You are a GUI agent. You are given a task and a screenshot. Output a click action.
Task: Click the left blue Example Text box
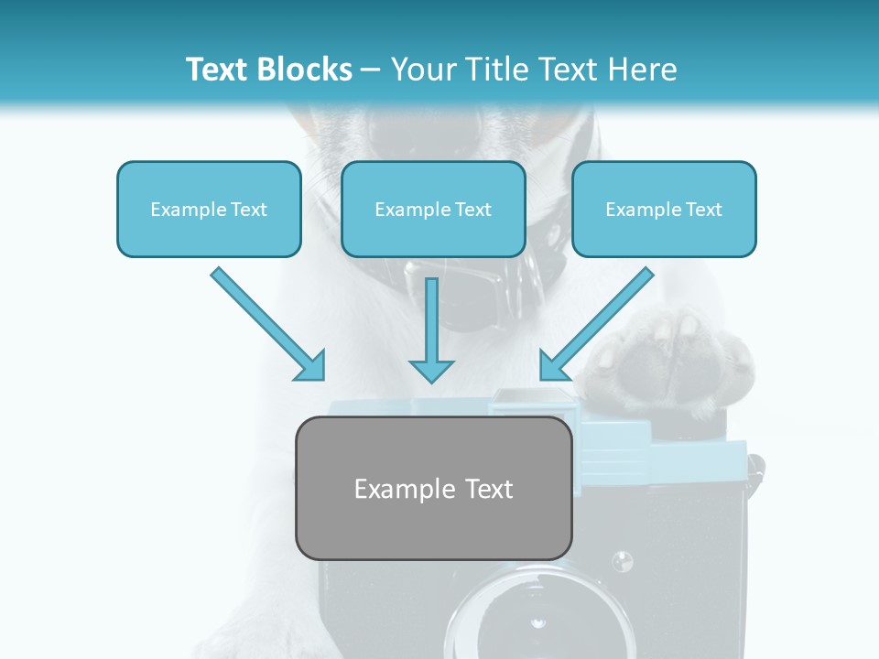pyautogui.click(x=209, y=210)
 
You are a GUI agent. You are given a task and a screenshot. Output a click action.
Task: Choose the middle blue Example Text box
pyautogui.click(x=433, y=210)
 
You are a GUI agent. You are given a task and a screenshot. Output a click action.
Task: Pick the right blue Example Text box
pyautogui.click(x=664, y=210)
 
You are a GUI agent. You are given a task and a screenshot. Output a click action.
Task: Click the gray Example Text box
pyautogui.click(x=434, y=489)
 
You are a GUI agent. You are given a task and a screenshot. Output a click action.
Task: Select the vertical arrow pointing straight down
pyautogui.click(x=431, y=329)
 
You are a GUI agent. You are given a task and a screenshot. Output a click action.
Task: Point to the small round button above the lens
pyautogui.click(x=622, y=559)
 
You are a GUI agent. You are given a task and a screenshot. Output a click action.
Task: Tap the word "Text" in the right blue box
pyautogui.click(x=703, y=210)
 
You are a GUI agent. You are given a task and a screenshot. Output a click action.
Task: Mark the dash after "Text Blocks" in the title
pyautogui.click(x=371, y=70)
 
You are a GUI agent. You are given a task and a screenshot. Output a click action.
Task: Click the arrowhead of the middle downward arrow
pyautogui.click(x=431, y=370)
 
